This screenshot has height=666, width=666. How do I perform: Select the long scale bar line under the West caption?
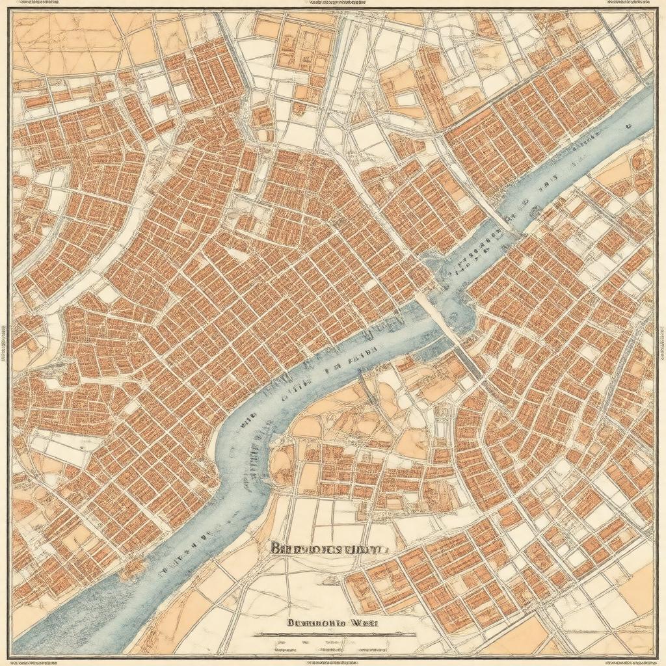coord(335,633)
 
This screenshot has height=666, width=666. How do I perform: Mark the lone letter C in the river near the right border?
coord(628,125)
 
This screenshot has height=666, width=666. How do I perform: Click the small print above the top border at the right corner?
coord(628,3)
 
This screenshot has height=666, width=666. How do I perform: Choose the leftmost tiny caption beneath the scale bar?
coord(286,647)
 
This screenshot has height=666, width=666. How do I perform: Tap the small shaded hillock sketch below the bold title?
coord(325,572)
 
